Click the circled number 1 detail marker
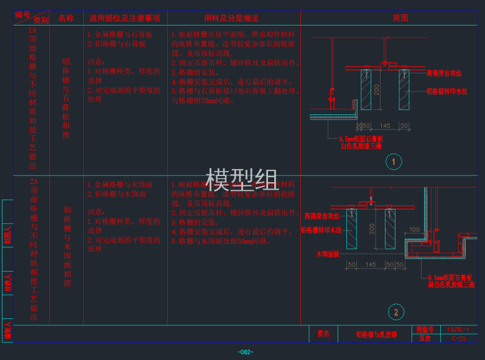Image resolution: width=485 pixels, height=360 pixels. (393, 162)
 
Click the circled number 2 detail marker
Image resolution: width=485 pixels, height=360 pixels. (395, 312)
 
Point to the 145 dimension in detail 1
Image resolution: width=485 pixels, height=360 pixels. (385, 126)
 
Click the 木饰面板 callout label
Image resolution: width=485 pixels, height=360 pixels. (328, 254)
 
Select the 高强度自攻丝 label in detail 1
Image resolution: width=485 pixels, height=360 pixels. (444, 73)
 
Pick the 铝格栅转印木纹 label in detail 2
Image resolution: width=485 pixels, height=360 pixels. (320, 230)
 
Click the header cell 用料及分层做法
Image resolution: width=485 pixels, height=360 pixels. (231, 18)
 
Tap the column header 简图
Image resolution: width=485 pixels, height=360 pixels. (400, 18)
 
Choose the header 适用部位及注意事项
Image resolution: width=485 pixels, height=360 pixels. (125, 18)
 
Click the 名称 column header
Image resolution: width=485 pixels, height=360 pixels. (66, 18)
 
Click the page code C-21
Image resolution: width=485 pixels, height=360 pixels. (458, 338)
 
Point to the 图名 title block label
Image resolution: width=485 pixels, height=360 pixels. (323, 334)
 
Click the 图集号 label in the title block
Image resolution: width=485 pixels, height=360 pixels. (424, 330)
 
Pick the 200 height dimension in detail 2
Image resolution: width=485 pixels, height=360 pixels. (372, 228)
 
